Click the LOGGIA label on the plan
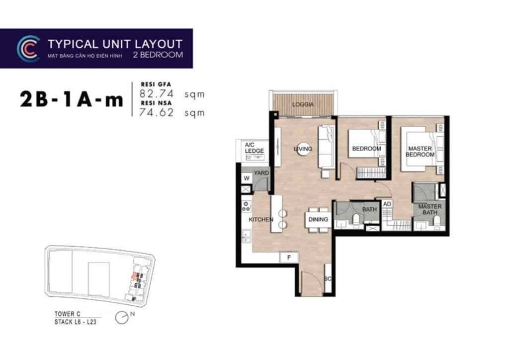(x=303, y=105)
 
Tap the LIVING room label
(x=303, y=149)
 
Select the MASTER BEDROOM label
(x=420, y=152)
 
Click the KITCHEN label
(x=261, y=219)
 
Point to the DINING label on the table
(x=318, y=219)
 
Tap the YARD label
(x=261, y=173)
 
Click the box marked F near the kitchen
(x=289, y=257)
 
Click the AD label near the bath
(x=387, y=204)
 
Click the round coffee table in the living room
(x=302, y=149)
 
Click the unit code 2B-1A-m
(x=71, y=99)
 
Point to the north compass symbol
(x=122, y=317)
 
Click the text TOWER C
(x=67, y=314)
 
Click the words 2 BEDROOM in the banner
(x=158, y=55)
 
